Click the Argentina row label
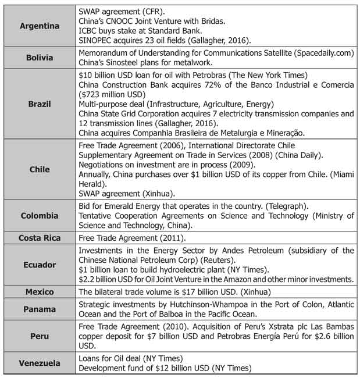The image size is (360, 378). coord(40,27)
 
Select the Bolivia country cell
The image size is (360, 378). coord(40,58)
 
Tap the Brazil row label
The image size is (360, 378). coord(40,105)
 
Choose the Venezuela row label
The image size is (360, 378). coord(40,363)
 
